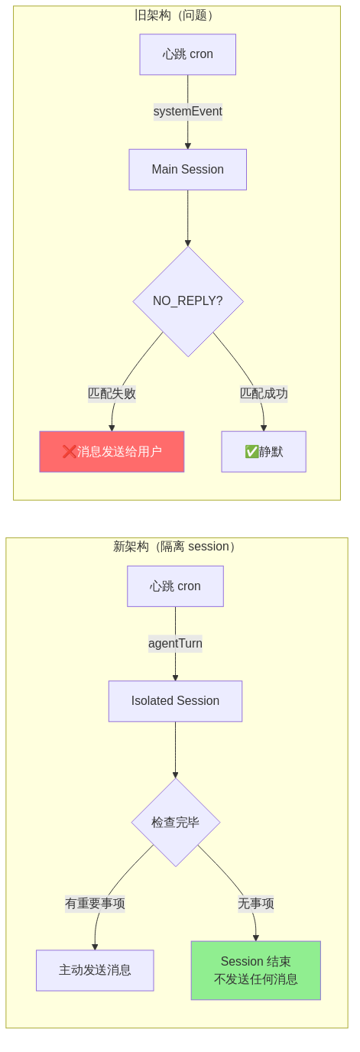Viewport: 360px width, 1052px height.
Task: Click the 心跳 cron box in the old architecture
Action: (x=187, y=54)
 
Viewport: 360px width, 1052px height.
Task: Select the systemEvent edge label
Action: (x=187, y=112)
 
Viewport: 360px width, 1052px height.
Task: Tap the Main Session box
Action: (x=187, y=169)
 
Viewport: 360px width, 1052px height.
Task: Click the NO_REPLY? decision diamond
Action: (x=187, y=301)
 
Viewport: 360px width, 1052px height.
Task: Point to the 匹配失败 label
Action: (x=112, y=394)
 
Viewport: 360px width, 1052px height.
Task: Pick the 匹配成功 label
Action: (x=264, y=394)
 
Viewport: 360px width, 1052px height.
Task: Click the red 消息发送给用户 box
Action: (x=112, y=452)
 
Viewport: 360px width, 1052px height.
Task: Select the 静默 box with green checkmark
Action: (x=264, y=452)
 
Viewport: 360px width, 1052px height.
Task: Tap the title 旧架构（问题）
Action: (x=176, y=15)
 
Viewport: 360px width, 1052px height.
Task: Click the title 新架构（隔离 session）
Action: (x=176, y=547)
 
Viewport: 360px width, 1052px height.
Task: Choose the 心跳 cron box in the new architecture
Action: (x=175, y=586)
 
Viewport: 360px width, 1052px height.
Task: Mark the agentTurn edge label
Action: (x=175, y=644)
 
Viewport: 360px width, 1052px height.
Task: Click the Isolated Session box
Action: (x=175, y=701)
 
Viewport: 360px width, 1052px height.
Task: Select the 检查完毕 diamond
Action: (x=175, y=823)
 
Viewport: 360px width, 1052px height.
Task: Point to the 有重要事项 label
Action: (x=95, y=904)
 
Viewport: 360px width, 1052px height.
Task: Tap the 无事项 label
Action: (x=255, y=904)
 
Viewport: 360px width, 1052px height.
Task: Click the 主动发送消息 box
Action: (x=95, y=970)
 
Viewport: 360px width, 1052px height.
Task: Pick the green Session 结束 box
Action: (x=255, y=970)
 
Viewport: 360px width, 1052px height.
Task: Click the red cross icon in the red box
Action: (x=69, y=452)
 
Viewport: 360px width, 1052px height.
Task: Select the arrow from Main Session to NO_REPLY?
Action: (x=187, y=218)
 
